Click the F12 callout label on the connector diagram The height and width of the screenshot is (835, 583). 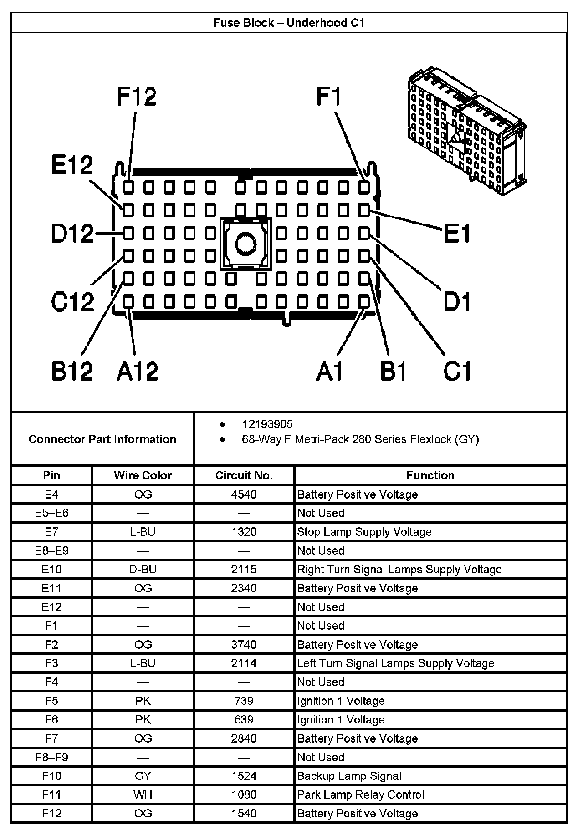(x=137, y=96)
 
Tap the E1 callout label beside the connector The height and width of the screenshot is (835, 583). (x=457, y=234)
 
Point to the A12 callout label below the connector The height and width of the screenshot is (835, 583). (x=138, y=371)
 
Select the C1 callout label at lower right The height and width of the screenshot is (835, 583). (x=457, y=371)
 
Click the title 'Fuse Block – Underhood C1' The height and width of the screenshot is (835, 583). (x=289, y=23)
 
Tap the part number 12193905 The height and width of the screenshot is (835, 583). (x=267, y=424)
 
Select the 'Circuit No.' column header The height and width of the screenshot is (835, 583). (x=244, y=475)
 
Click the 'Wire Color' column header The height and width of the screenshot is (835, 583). (x=143, y=475)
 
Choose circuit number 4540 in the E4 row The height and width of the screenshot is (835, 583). (x=244, y=494)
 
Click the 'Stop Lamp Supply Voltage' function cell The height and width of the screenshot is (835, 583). (x=364, y=532)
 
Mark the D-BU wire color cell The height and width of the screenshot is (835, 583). (x=143, y=569)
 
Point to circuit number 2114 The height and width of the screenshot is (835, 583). (x=244, y=663)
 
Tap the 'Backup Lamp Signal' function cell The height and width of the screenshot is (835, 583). (x=349, y=776)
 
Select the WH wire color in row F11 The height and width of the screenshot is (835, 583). (x=143, y=794)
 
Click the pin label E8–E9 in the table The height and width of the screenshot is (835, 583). (x=51, y=550)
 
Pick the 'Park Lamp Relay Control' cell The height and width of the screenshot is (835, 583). (x=360, y=794)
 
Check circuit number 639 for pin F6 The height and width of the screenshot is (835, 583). (x=244, y=719)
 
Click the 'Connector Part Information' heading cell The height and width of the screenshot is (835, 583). (x=102, y=439)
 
